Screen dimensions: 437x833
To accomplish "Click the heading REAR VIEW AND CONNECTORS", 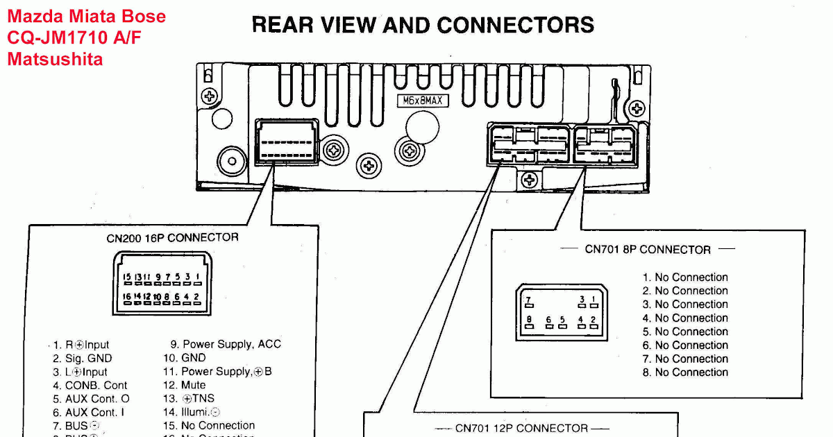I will pos(423,25).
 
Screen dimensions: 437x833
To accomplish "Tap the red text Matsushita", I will pos(55,60).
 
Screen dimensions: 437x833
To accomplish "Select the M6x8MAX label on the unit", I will pos(422,101).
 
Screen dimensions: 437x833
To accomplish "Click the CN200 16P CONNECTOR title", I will pos(172,238).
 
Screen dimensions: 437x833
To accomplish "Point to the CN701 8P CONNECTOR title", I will pos(648,250).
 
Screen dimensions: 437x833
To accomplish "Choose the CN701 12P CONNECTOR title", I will pos(521,429).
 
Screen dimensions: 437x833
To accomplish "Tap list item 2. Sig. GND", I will pos(82,359).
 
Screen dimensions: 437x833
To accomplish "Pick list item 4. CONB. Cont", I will pos(90,386).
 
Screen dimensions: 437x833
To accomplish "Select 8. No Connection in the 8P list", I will pos(685,372).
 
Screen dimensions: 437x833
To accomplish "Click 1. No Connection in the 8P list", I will pos(685,277).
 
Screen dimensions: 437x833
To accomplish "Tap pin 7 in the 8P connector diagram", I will pos(529,302).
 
